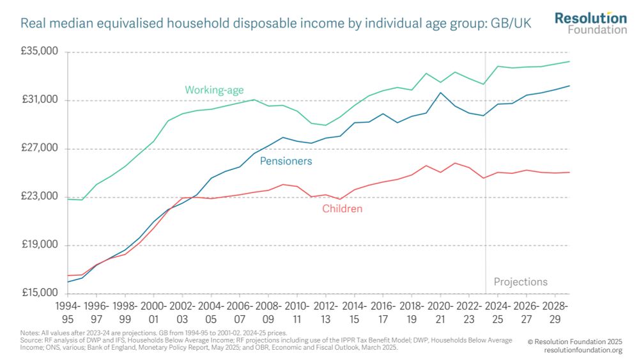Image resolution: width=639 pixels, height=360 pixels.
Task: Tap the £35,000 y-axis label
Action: click(40, 52)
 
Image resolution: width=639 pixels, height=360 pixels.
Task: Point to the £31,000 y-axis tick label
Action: click(40, 100)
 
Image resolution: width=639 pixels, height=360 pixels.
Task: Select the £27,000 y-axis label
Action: click(40, 148)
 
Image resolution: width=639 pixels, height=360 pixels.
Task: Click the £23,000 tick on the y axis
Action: click(40, 197)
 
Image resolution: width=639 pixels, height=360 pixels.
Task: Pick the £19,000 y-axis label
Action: click(40, 245)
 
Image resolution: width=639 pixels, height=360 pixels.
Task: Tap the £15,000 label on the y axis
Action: click(40, 293)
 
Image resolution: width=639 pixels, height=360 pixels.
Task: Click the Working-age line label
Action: click(214, 90)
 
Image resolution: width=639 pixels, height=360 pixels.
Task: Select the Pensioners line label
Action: click(286, 161)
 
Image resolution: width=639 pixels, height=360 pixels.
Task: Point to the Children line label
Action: click(342, 208)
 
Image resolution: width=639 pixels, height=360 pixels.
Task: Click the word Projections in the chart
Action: click(520, 281)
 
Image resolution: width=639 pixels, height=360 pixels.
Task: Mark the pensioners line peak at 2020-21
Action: click(440, 93)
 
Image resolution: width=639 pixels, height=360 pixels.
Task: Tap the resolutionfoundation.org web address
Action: click(583, 350)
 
